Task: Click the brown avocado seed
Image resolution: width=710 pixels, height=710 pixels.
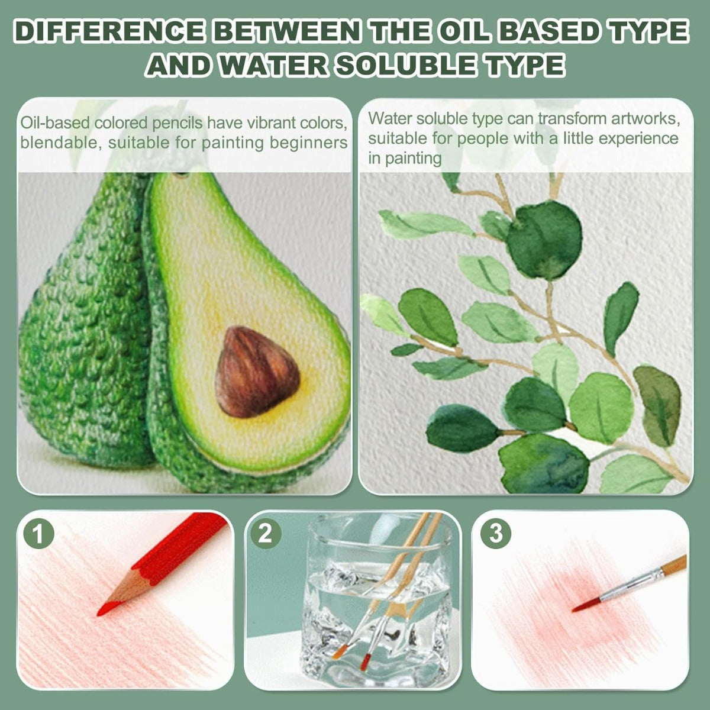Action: point(257,372)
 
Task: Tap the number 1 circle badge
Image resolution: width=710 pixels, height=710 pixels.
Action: point(38,534)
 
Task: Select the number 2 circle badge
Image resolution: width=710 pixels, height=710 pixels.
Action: point(266,534)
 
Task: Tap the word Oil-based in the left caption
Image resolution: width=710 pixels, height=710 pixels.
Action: point(55,122)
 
